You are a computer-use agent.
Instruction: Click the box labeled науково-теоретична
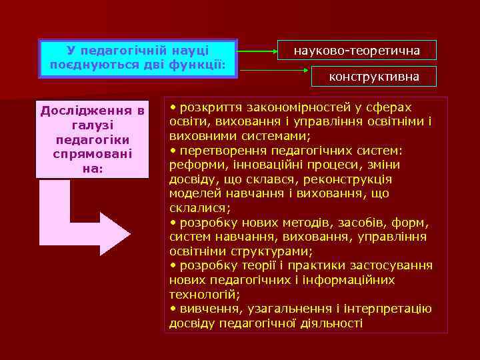click(x=357, y=51)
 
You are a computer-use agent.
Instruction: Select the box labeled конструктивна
click(x=374, y=77)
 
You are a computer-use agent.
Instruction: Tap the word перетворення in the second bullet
click(x=217, y=150)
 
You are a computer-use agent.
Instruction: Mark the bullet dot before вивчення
click(x=173, y=309)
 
